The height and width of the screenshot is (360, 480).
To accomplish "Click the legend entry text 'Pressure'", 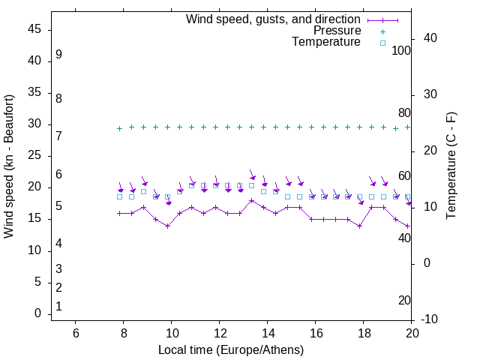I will click(337, 31).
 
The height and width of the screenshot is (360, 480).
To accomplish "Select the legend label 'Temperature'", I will click(326, 42).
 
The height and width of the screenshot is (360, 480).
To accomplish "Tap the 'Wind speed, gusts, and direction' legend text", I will click(273, 19).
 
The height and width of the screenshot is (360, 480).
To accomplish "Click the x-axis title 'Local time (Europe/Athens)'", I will click(231, 350).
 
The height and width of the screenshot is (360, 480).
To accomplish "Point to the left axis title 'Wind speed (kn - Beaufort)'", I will click(10, 166).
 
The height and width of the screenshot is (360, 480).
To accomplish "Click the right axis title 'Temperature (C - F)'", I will click(451, 166).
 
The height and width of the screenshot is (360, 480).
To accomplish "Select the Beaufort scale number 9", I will click(58, 55).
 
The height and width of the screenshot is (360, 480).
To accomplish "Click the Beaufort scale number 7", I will click(58, 136).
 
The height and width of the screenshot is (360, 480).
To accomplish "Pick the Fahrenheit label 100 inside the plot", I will click(402, 50).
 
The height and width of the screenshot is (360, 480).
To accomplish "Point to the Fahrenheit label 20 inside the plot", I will click(404, 301).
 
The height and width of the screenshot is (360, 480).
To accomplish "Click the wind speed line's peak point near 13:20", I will click(252, 200).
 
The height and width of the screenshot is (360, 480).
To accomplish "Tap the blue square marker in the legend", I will click(382, 43).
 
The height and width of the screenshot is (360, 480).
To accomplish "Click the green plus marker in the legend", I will click(382, 31).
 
